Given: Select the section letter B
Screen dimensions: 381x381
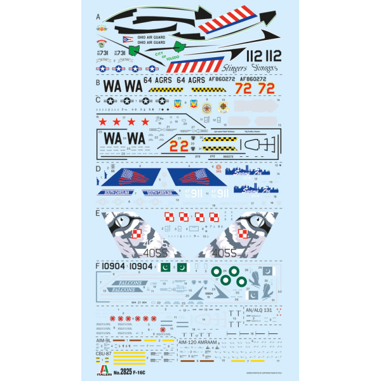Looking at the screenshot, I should [x=98, y=82].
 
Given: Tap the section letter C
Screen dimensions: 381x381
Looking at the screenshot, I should [x=98, y=100].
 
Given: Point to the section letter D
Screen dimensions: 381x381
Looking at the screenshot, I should [x=98, y=170].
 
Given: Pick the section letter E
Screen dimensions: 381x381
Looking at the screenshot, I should [x=98, y=214].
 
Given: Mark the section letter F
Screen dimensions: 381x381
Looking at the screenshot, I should [x=98, y=266].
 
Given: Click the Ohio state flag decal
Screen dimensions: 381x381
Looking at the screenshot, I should [x=128, y=39].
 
